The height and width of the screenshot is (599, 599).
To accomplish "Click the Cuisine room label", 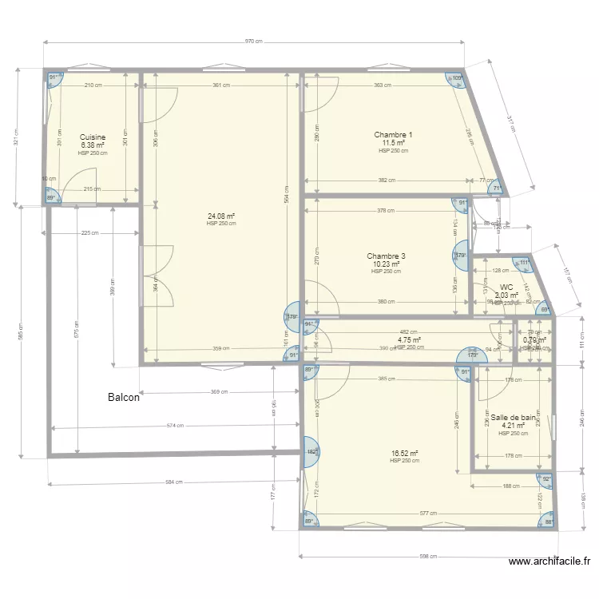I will tap(93, 137).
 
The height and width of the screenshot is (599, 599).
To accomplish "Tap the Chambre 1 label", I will tap(394, 134).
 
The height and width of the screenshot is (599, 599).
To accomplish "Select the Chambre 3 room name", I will tap(387, 256).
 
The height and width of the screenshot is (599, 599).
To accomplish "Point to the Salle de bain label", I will tap(513, 418).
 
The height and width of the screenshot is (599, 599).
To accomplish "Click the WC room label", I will tap(506, 288).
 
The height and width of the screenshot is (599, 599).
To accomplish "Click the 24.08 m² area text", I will tap(221, 216).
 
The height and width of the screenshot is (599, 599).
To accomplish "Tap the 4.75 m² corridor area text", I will tap(409, 339).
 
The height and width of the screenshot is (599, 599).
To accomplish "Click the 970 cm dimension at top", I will tap(254, 41).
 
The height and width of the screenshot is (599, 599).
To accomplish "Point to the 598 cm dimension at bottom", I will tap(428, 556).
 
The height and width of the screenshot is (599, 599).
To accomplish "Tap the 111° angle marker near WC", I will tap(524, 262).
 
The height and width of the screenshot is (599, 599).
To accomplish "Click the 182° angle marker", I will tap(311, 452).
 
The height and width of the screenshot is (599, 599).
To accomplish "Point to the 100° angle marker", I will tap(457, 78).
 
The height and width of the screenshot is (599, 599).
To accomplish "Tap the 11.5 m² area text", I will tap(394, 143).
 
